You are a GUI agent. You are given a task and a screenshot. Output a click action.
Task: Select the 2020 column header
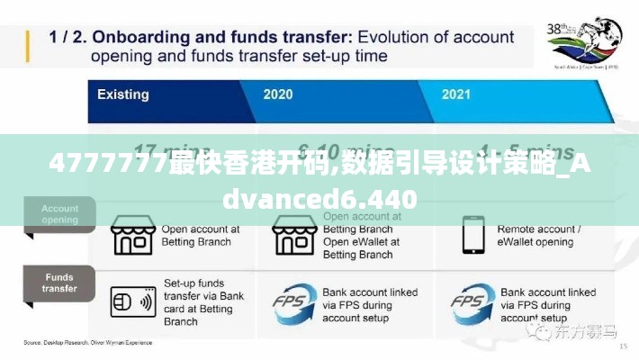point(277,94)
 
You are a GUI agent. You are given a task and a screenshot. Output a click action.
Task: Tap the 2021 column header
point(457,94)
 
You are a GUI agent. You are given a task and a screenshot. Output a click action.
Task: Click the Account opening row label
point(59,214)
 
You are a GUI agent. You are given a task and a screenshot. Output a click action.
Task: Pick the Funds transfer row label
point(59,283)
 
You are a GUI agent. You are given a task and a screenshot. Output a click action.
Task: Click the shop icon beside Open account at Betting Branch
point(133,236)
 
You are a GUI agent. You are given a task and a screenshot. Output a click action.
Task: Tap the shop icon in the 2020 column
point(294,236)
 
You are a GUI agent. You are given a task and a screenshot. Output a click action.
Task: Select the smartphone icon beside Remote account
point(473,236)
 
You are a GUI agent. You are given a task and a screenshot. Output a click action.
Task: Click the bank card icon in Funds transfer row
point(133,301)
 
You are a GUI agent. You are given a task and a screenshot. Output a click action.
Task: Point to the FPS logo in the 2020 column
point(294,301)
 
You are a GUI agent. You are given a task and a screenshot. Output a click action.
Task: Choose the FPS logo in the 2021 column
point(473,301)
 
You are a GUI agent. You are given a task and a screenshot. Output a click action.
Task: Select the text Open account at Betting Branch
point(196,236)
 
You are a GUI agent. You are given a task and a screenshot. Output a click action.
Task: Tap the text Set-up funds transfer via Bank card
point(203,301)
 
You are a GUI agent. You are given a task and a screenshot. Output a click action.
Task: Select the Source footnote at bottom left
point(87,343)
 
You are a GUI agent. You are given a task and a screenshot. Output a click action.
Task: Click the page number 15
point(623,346)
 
